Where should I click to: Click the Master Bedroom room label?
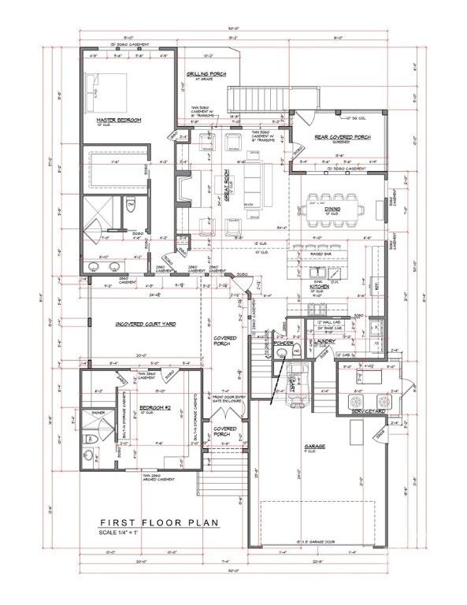118,119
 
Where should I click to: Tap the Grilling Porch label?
206,74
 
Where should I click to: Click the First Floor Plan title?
158,521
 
